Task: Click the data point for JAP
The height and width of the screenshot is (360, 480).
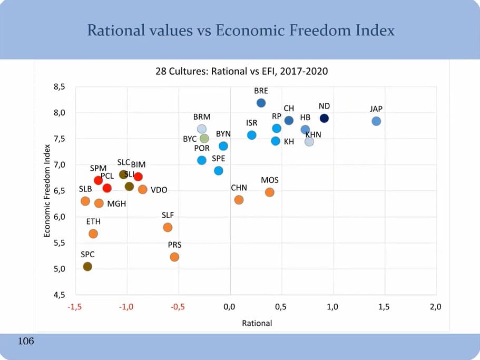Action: click(x=376, y=121)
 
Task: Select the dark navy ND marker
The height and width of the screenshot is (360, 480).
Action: click(x=324, y=118)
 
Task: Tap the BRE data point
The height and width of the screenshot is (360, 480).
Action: click(x=261, y=103)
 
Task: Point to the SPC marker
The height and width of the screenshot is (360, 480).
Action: click(x=87, y=266)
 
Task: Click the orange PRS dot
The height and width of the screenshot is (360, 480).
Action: click(x=174, y=257)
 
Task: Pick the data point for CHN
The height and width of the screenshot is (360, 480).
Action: click(x=239, y=200)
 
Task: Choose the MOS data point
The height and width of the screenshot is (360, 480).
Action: click(x=269, y=192)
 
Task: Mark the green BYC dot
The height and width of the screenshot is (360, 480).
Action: click(x=204, y=139)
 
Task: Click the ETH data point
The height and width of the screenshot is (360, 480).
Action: click(x=93, y=233)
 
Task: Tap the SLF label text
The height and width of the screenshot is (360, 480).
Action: click(x=168, y=215)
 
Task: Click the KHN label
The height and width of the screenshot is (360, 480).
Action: click(x=313, y=134)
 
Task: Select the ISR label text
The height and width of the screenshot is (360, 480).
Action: click(x=251, y=123)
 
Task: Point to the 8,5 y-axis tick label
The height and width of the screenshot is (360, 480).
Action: click(x=60, y=87)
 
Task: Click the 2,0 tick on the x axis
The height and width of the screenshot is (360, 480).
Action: click(x=435, y=307)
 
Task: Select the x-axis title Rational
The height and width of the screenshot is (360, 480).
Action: click(x=257, y=323)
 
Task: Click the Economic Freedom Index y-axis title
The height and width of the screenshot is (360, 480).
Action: click(x=47, y=191)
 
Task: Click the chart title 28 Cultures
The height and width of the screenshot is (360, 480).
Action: click(x=241, y=71)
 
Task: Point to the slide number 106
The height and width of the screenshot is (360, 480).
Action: click(x=26, y=342)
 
